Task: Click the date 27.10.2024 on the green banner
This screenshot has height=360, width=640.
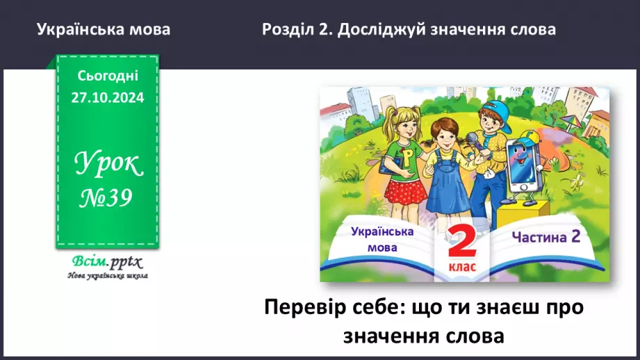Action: tap(107, 98)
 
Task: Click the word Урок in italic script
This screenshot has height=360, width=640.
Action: tap(108, 165)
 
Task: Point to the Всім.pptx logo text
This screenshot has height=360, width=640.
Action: tap(106, 262)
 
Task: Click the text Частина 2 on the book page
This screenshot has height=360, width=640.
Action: tap(545, 237)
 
